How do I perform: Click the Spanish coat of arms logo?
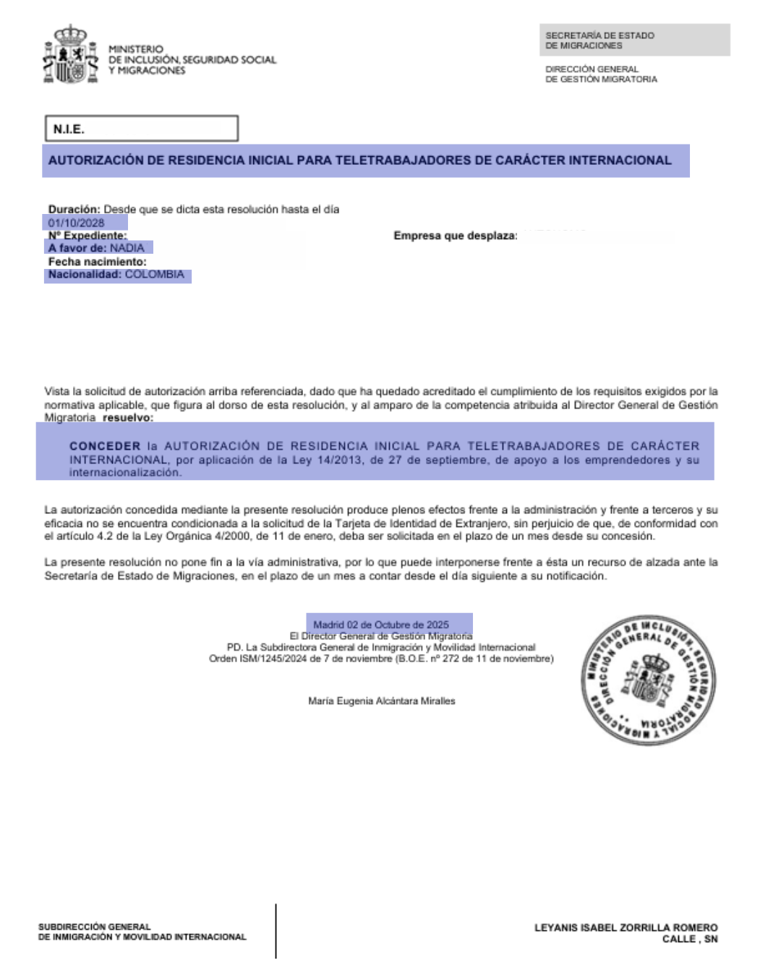(70, 56)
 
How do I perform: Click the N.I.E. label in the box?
(69, 129)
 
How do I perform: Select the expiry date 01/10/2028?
(76, 223)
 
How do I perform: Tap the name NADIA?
(127, 248)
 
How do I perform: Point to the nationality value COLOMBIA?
(154, 275)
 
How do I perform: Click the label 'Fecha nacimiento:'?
(97, 262)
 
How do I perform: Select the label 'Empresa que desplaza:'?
(455, 236)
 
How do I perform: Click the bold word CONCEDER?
(105, 446)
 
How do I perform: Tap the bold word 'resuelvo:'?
(128, 418)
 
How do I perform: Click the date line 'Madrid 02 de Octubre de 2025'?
(381, 625)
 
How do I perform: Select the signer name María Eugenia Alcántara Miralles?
(382, 701)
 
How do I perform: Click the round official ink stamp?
(648, 680)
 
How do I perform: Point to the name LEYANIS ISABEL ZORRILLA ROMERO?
(626, 928)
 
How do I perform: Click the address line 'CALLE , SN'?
(690, 939)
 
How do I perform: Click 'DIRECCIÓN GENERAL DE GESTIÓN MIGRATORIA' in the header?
(601, 74)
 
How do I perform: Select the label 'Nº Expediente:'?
(87, 236)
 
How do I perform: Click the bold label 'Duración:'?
(74, 210)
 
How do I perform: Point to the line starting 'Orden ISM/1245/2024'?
(381, 659)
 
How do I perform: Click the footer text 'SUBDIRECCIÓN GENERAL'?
(94, 927)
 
